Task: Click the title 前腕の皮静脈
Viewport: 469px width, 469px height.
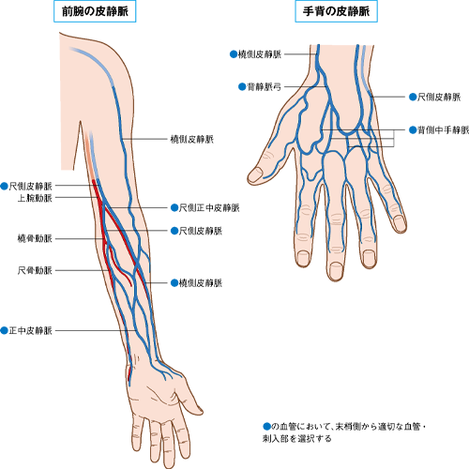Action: (x=95, y=11)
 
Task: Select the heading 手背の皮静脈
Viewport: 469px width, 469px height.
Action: (x=336, y=11)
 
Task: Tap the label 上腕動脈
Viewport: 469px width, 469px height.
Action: (x=35, y=198)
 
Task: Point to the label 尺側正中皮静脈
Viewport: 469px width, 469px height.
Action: (x=209, y=208)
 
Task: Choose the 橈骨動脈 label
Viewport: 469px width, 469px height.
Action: (x=35, y=239)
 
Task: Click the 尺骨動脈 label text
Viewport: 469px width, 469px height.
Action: (x=35, y=270)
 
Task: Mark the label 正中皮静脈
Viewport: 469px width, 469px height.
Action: (x=30, y=330)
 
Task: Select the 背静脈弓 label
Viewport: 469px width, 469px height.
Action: (x=264, y=86)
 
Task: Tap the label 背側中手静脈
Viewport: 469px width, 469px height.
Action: (x=444, y=129)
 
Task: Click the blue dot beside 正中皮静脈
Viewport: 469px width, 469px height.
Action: (x=4, y=330)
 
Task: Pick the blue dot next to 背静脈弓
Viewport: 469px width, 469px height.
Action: (x=242, y=86)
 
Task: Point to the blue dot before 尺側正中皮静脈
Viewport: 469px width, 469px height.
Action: (x=174, y=208)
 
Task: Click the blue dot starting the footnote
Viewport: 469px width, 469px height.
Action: (x=266, y=426)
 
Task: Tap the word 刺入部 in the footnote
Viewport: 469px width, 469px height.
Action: (x=276, y=439)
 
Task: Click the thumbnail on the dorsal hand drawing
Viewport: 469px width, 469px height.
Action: (x=256, y=174)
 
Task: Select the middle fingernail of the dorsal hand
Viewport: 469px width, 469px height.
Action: (x=336, y=269)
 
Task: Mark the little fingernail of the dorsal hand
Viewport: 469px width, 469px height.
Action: (x=400, y=222)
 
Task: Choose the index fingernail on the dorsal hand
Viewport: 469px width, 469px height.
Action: (x=303, y=258)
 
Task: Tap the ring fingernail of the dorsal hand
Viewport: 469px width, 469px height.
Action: (x=370, y=258)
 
